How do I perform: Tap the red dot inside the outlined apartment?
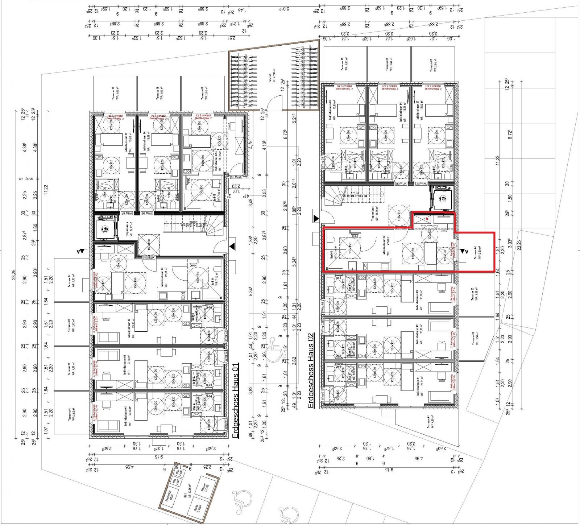click(428, 219)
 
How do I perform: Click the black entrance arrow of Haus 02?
click(316, 218)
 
